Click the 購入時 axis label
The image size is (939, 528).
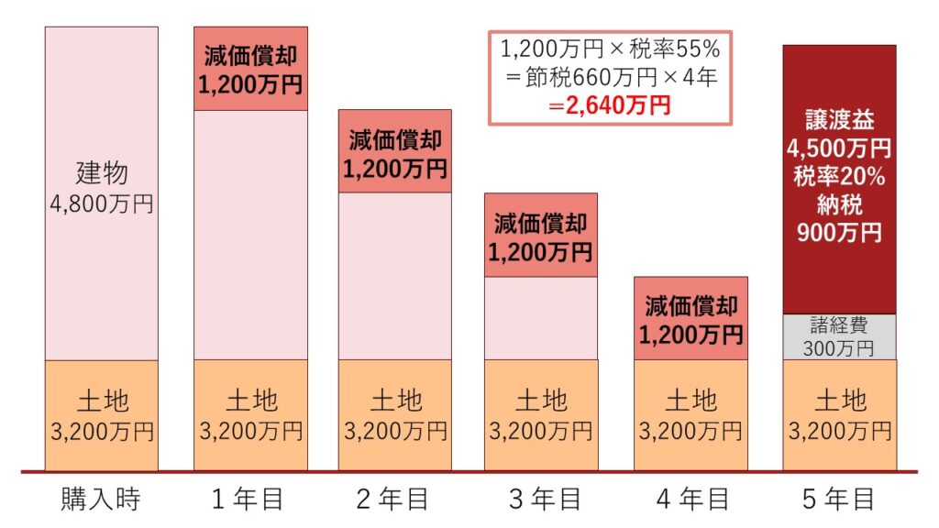click(x=101, y=500)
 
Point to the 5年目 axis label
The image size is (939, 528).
click(x=838, y=500)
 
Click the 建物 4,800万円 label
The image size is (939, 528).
click(x=101, y=188)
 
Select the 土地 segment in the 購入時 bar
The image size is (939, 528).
click(x=101, y=415)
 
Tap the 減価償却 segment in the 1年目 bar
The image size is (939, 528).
click(x=250, y=69)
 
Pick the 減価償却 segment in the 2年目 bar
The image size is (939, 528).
click(x=395, y=152)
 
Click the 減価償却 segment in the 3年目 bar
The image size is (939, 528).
click(x=541, y=236)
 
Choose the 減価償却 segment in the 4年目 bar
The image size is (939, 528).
click(x=690, y=319)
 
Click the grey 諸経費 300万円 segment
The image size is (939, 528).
click(x=839, y=336)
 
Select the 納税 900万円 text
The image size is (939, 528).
click(x=839, y=220)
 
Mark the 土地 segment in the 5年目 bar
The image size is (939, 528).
click(x=839, y=415)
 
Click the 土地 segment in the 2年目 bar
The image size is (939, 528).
click(x=395, y=415)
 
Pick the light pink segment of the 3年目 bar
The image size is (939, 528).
click(x=541, y=318)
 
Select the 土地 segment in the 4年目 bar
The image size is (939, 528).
click(x=690, y=415)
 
